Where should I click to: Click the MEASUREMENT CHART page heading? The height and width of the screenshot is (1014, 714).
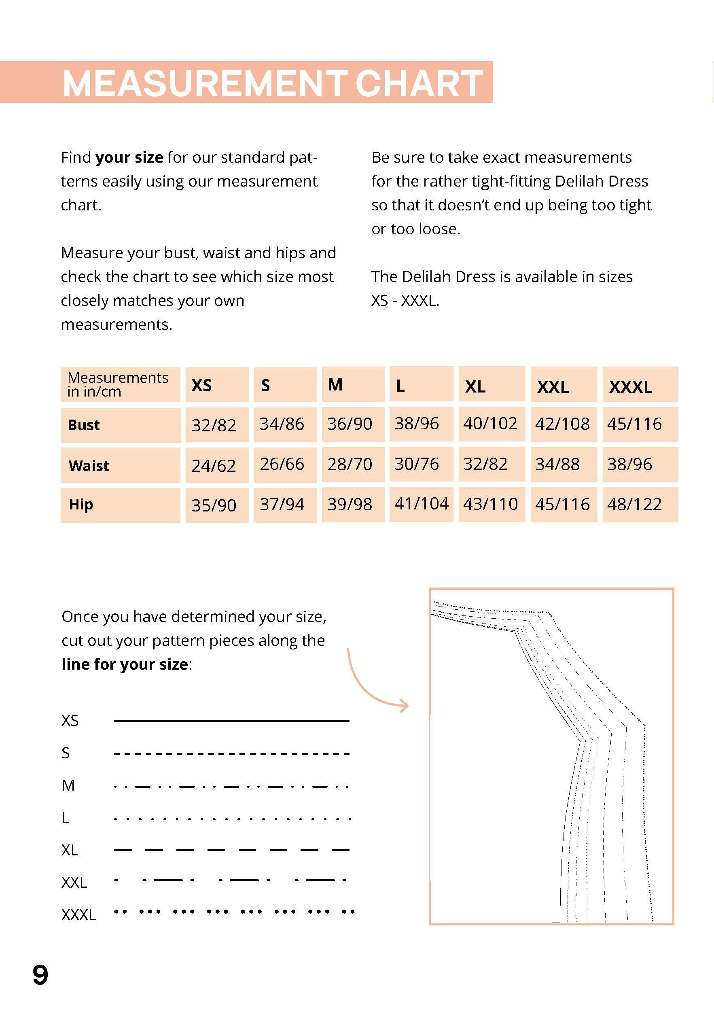[272, 83]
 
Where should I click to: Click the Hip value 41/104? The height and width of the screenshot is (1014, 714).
[421, 503]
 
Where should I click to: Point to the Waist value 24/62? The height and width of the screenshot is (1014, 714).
[214, 465]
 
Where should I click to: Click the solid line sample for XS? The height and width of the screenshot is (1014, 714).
[231, 721]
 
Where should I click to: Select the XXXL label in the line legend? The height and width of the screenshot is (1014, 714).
[78, 914]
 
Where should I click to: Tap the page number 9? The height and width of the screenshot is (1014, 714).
[40, 976]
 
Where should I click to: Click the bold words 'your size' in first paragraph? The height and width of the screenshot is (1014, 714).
[129, 157]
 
